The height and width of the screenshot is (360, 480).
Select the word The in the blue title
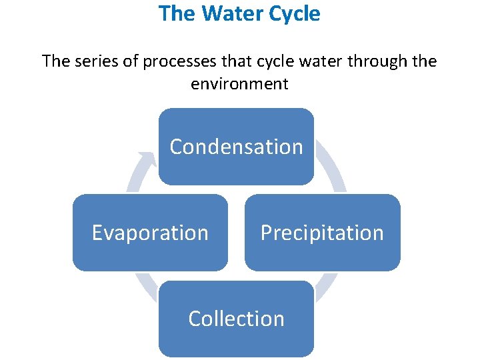pos(175,13)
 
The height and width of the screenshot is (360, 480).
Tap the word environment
pos(239,84)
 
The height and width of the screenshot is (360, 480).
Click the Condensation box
pos(236,147)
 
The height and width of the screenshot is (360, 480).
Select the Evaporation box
pos(150,233)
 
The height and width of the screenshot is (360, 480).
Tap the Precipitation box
pos(322,233)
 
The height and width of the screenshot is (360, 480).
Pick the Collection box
pos(236,319)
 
